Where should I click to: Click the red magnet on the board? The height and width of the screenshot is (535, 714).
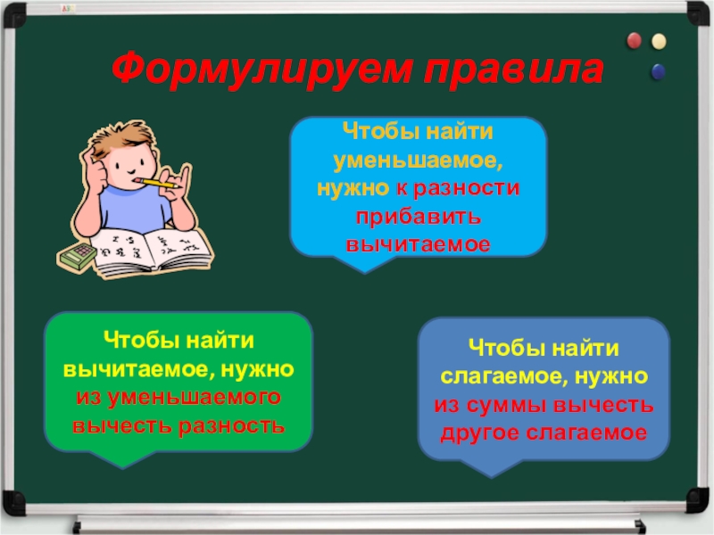635,41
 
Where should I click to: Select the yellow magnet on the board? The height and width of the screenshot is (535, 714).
659,41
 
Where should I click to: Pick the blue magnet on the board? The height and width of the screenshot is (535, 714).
659,69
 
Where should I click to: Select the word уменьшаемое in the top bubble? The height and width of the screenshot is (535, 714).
418,164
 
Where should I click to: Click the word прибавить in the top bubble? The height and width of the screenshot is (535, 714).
418,218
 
